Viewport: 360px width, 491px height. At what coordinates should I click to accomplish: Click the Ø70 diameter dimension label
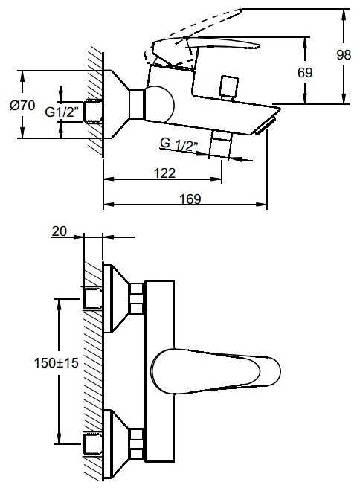pyautogui.click(x=22, y=105)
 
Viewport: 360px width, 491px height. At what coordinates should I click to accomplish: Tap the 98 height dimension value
pyautogui.click(x=344, y=55)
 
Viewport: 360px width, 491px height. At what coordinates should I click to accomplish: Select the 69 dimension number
pyautogui.click(x=305, y=73)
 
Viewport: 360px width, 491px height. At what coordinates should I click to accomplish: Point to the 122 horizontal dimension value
pyautogui.click(x=165, y=173)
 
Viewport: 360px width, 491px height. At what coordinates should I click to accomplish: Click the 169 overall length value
pyautogui.click(x=190, y=199)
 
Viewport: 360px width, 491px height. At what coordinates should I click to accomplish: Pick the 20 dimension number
pyautogui.click(x=60, y=231)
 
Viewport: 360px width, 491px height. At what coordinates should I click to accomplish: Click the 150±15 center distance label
pyautogui.click(x=57, y=363)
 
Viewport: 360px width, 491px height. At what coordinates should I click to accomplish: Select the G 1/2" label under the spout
pyautogui.click(x=179, y=144)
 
